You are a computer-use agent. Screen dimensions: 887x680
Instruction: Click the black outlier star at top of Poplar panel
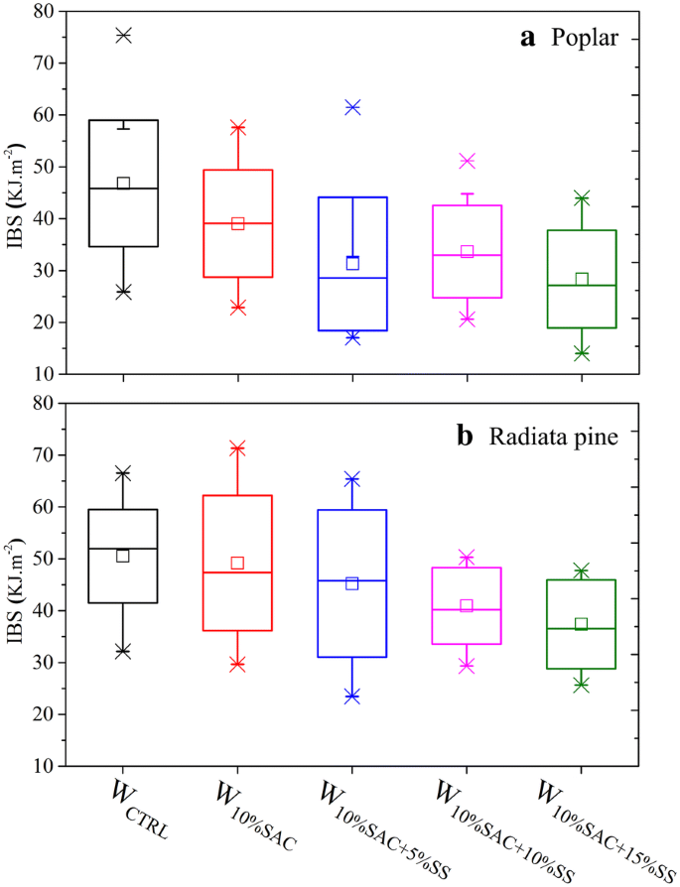123,36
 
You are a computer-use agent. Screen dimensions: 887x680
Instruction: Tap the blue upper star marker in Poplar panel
352,107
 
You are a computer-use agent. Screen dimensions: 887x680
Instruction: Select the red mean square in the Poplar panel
238,223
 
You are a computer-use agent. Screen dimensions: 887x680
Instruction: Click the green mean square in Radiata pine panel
582,624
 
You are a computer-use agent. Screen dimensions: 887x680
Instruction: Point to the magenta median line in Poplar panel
467,255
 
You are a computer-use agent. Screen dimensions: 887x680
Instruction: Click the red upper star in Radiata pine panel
238,448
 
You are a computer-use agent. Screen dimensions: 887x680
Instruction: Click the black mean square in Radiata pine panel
123,556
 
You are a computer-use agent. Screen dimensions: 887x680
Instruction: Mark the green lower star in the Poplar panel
582,353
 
